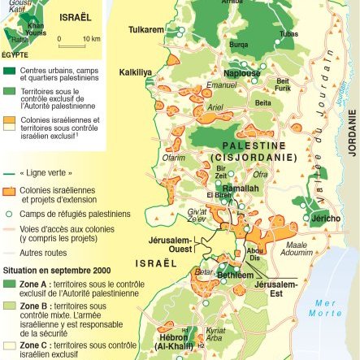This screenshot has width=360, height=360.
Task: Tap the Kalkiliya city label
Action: click(x=136, y=72)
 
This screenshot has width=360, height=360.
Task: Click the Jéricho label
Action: click(x=325, y=219)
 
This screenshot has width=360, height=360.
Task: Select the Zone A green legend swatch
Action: click(x=9, y=284)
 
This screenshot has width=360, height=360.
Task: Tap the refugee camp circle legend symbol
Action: click(x=9, y=213)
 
